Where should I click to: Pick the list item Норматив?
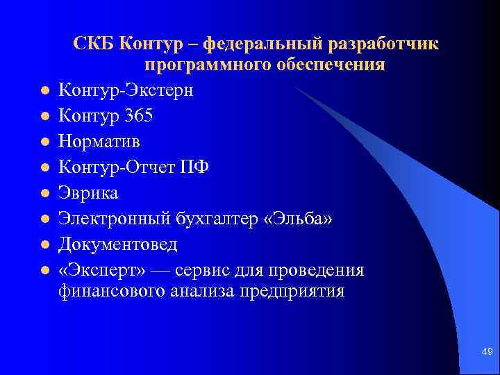(x=99, y=141)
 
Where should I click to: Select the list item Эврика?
(x=88, y=192)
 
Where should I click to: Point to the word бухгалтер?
(x=208, y=218)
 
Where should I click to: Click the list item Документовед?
(x=118, y=244)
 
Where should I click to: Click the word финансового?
(x=110, y=290)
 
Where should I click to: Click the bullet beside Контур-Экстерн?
(x=43, y=90)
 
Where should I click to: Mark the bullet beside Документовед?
(x=43, y=244)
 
